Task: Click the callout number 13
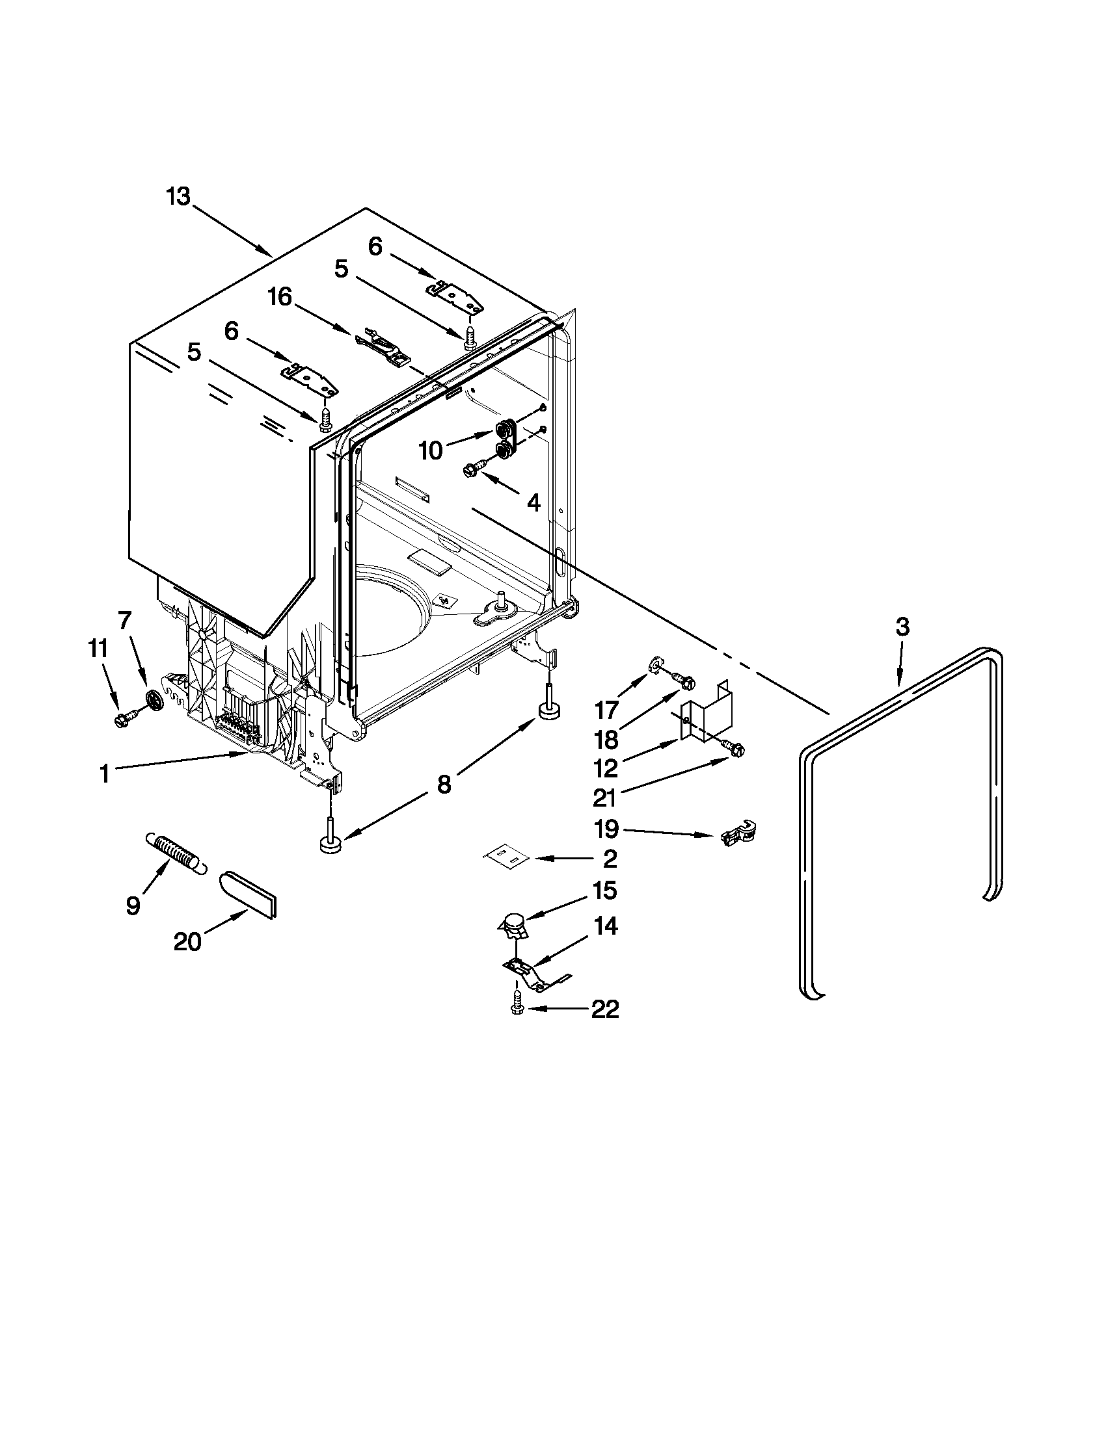178,196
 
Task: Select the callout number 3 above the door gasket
902,627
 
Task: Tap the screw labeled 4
474,467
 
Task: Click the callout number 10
431,450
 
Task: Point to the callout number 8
444,785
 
